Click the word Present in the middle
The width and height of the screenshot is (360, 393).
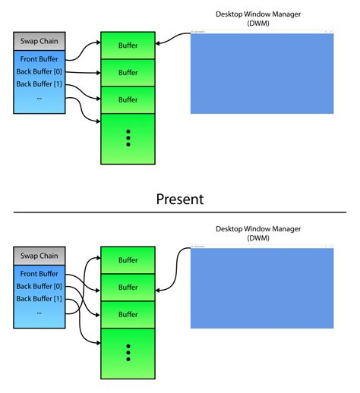coord(180,200)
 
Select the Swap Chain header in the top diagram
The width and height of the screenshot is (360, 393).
coord(39,42)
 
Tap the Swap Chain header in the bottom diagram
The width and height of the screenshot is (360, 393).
coord(39,256)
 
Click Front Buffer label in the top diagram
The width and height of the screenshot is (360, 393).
coord(39,59)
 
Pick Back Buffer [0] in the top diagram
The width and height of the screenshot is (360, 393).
coord(39,71)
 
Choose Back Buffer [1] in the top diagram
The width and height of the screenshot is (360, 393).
coord(39,83)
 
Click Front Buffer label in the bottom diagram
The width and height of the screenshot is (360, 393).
coord(39,273)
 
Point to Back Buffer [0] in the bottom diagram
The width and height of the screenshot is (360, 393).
coord(39,286)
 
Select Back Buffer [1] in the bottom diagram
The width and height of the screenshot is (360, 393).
coord(39,298)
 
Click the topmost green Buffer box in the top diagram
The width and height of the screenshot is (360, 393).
coord(128,46)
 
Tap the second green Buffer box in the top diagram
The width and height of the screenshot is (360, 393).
coord(128,73)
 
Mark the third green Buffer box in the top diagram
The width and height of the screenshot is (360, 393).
coord(128,99)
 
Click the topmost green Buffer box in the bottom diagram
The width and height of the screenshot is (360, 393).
coord(128,260)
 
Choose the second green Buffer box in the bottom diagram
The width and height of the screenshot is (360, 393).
coord(128,287)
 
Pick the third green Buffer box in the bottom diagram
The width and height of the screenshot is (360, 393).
coord(128,314)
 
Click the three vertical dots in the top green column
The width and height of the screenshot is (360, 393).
coord(128,137)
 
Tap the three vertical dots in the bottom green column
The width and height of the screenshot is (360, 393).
coord(128,353)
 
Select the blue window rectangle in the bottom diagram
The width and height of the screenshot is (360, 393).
coord(261,289)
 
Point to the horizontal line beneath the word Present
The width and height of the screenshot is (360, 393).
coord(180,212)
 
